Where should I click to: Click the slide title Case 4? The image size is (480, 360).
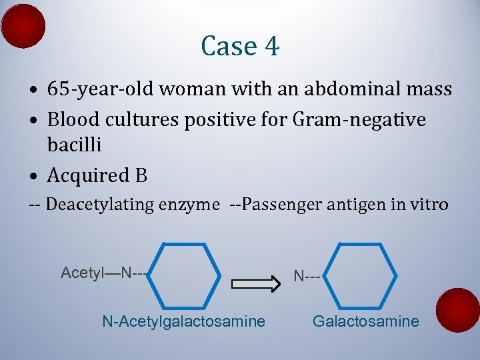point(240,46)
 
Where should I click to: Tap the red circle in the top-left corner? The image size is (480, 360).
point(23,26)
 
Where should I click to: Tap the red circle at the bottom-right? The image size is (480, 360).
point(458,309)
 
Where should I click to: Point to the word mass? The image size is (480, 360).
point(428,89)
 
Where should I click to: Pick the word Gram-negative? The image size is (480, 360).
point(368,120)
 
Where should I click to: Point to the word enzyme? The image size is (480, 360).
point(189,205)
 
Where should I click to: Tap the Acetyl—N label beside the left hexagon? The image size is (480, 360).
point(103,273)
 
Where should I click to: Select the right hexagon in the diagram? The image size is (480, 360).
point(364,275)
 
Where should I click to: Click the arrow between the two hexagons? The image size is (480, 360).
point(256,284)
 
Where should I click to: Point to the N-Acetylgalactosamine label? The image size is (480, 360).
point(183,322)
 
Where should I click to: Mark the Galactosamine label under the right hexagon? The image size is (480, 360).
point(366,322)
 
